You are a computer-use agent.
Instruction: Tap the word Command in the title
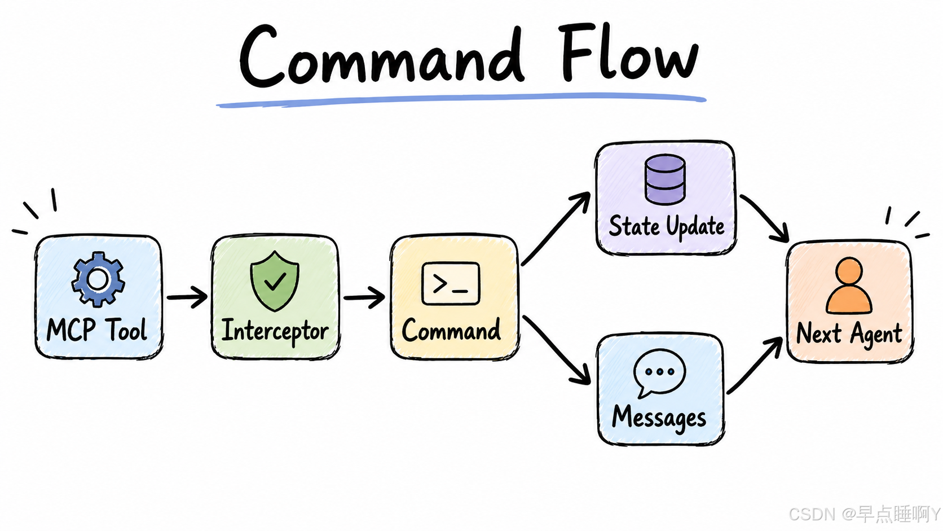[382, 54]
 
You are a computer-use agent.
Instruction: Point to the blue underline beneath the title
[461, 100]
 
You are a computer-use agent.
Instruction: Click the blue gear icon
[98, 279]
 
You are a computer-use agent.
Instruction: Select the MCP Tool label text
[97, 330]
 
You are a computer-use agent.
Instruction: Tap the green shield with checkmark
[275, 281]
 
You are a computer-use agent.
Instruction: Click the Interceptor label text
[275, 331]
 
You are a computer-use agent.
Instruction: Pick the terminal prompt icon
[451, 283]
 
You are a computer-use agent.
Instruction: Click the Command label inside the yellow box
[451, 330]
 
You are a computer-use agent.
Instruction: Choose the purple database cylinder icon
[665, 179]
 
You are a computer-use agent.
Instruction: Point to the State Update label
[667, 226]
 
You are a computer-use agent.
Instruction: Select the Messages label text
[659, 418]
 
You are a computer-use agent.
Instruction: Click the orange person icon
[849, 286]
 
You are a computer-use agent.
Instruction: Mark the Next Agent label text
[849, 334]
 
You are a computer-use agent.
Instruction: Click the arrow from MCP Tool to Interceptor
[187, 297]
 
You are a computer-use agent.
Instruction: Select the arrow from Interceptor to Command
[364, 297]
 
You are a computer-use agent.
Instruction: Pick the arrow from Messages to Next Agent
[755, 365]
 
